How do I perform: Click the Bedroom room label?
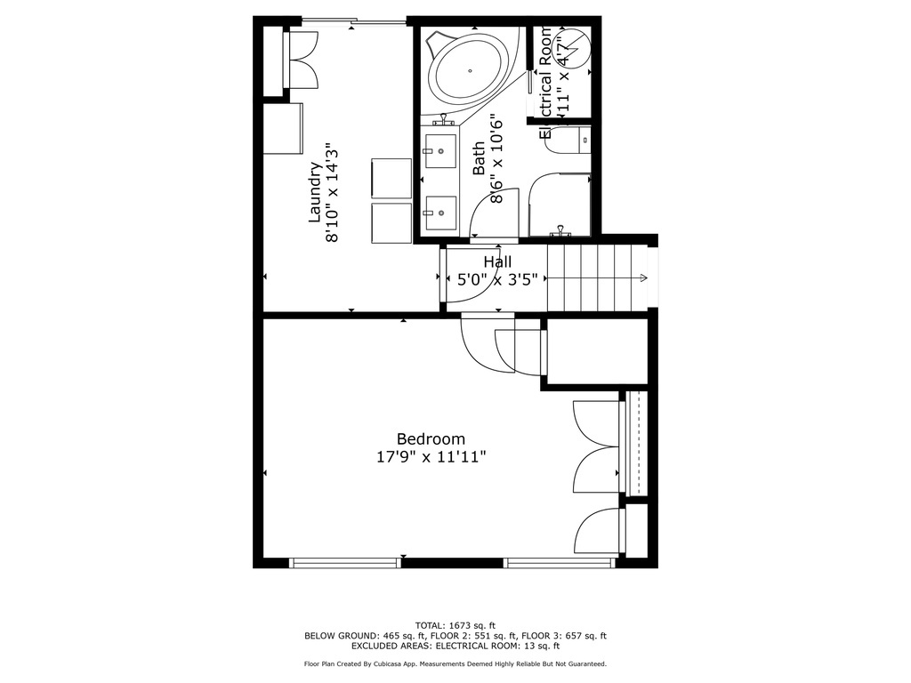coord(431,438)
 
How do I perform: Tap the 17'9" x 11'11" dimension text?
coord(431,457)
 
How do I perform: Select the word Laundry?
coord(314,191)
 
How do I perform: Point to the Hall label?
coord(497,261)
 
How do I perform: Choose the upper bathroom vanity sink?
coord(439,151)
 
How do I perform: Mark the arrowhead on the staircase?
coord(642,278)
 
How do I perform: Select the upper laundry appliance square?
coord(391,178)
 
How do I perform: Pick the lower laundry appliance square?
coord(391,222)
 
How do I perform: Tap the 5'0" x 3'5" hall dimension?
coord(497,278)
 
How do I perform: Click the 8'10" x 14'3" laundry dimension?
coord(333,191)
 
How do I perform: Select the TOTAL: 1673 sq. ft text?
coord(455,624)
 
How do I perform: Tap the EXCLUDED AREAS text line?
coord(455,647)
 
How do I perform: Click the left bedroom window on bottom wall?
coord(345,562)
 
